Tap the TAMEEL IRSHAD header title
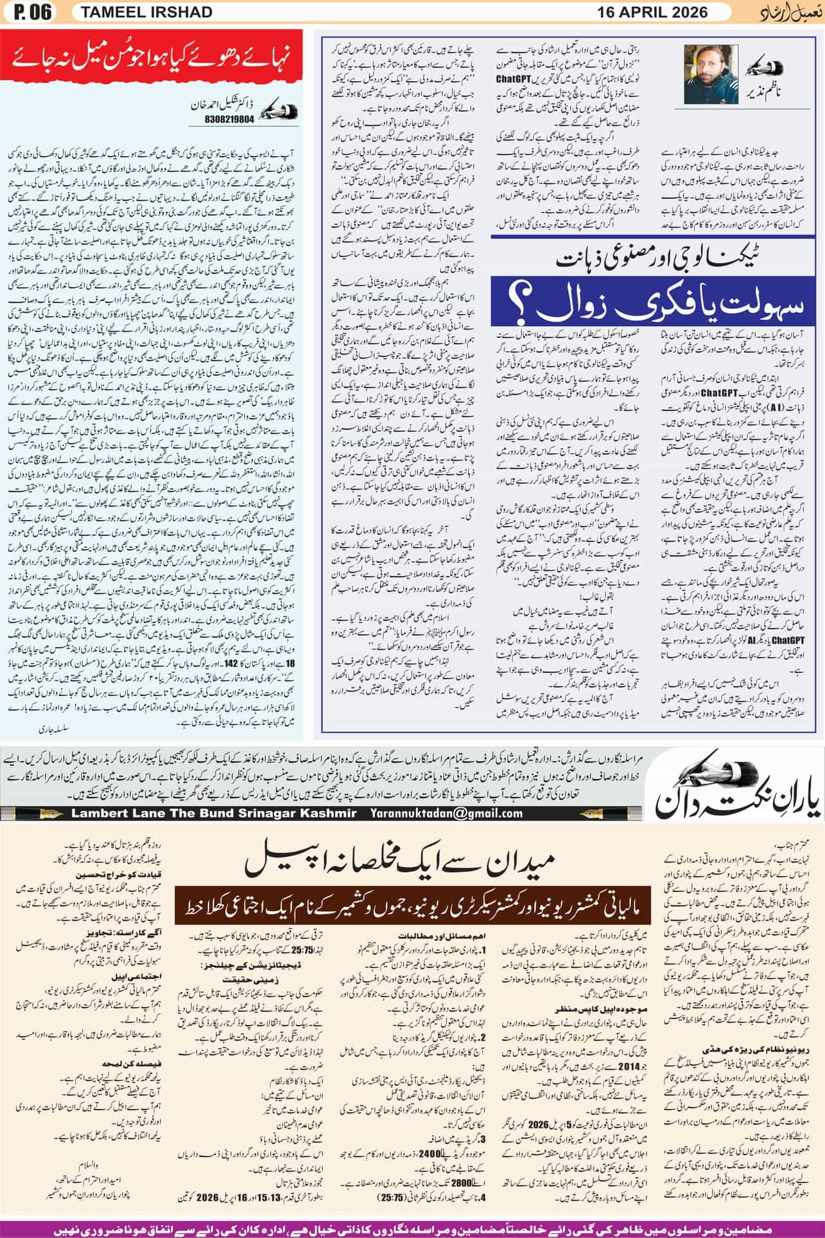point(136,12)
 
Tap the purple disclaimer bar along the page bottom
point(412,1228)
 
